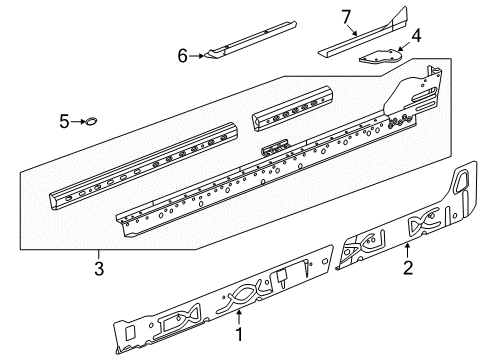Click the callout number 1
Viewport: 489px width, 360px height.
pyautogui.click(x=239, y=334)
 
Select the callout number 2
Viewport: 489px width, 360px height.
pyautogui.click(x=408, y=268)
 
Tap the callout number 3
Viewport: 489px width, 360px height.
pyautogui.click(x=99, y=269)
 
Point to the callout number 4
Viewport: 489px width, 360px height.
pyautogui.click(x=416, y=36)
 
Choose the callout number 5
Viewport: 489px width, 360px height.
pyautogui.click(x=64, y=121)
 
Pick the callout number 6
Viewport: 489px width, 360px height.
pyautogui.click(x=183, y=56)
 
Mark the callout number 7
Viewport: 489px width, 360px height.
pyautogui.click(x=347, y=17)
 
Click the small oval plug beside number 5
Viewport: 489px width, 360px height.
pyautogui.click(x=90, y=121)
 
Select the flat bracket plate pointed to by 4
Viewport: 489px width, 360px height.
pyautogui.click(x=380, y=57)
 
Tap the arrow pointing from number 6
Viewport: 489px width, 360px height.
pyautogui.click(x=196, y=56)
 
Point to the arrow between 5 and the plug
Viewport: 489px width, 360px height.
pyautogui.click(x=78, y=122)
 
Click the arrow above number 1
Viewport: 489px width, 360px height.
pyautogui.click(x=239, y=317)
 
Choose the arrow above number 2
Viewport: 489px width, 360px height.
pyautogui.click(x=407, y=251)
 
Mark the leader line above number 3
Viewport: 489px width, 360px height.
pyautogui.click(x=99, y=255)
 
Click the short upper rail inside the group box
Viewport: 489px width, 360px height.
pyautogui.click(x=292, y=107)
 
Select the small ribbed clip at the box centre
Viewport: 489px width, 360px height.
pyautogui.click(x=274, y=147)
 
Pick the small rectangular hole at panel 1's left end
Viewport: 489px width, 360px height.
pyautogui.click(x=130, y=332)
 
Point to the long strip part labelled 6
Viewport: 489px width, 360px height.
pyautogui.click(x=251, y=40)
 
